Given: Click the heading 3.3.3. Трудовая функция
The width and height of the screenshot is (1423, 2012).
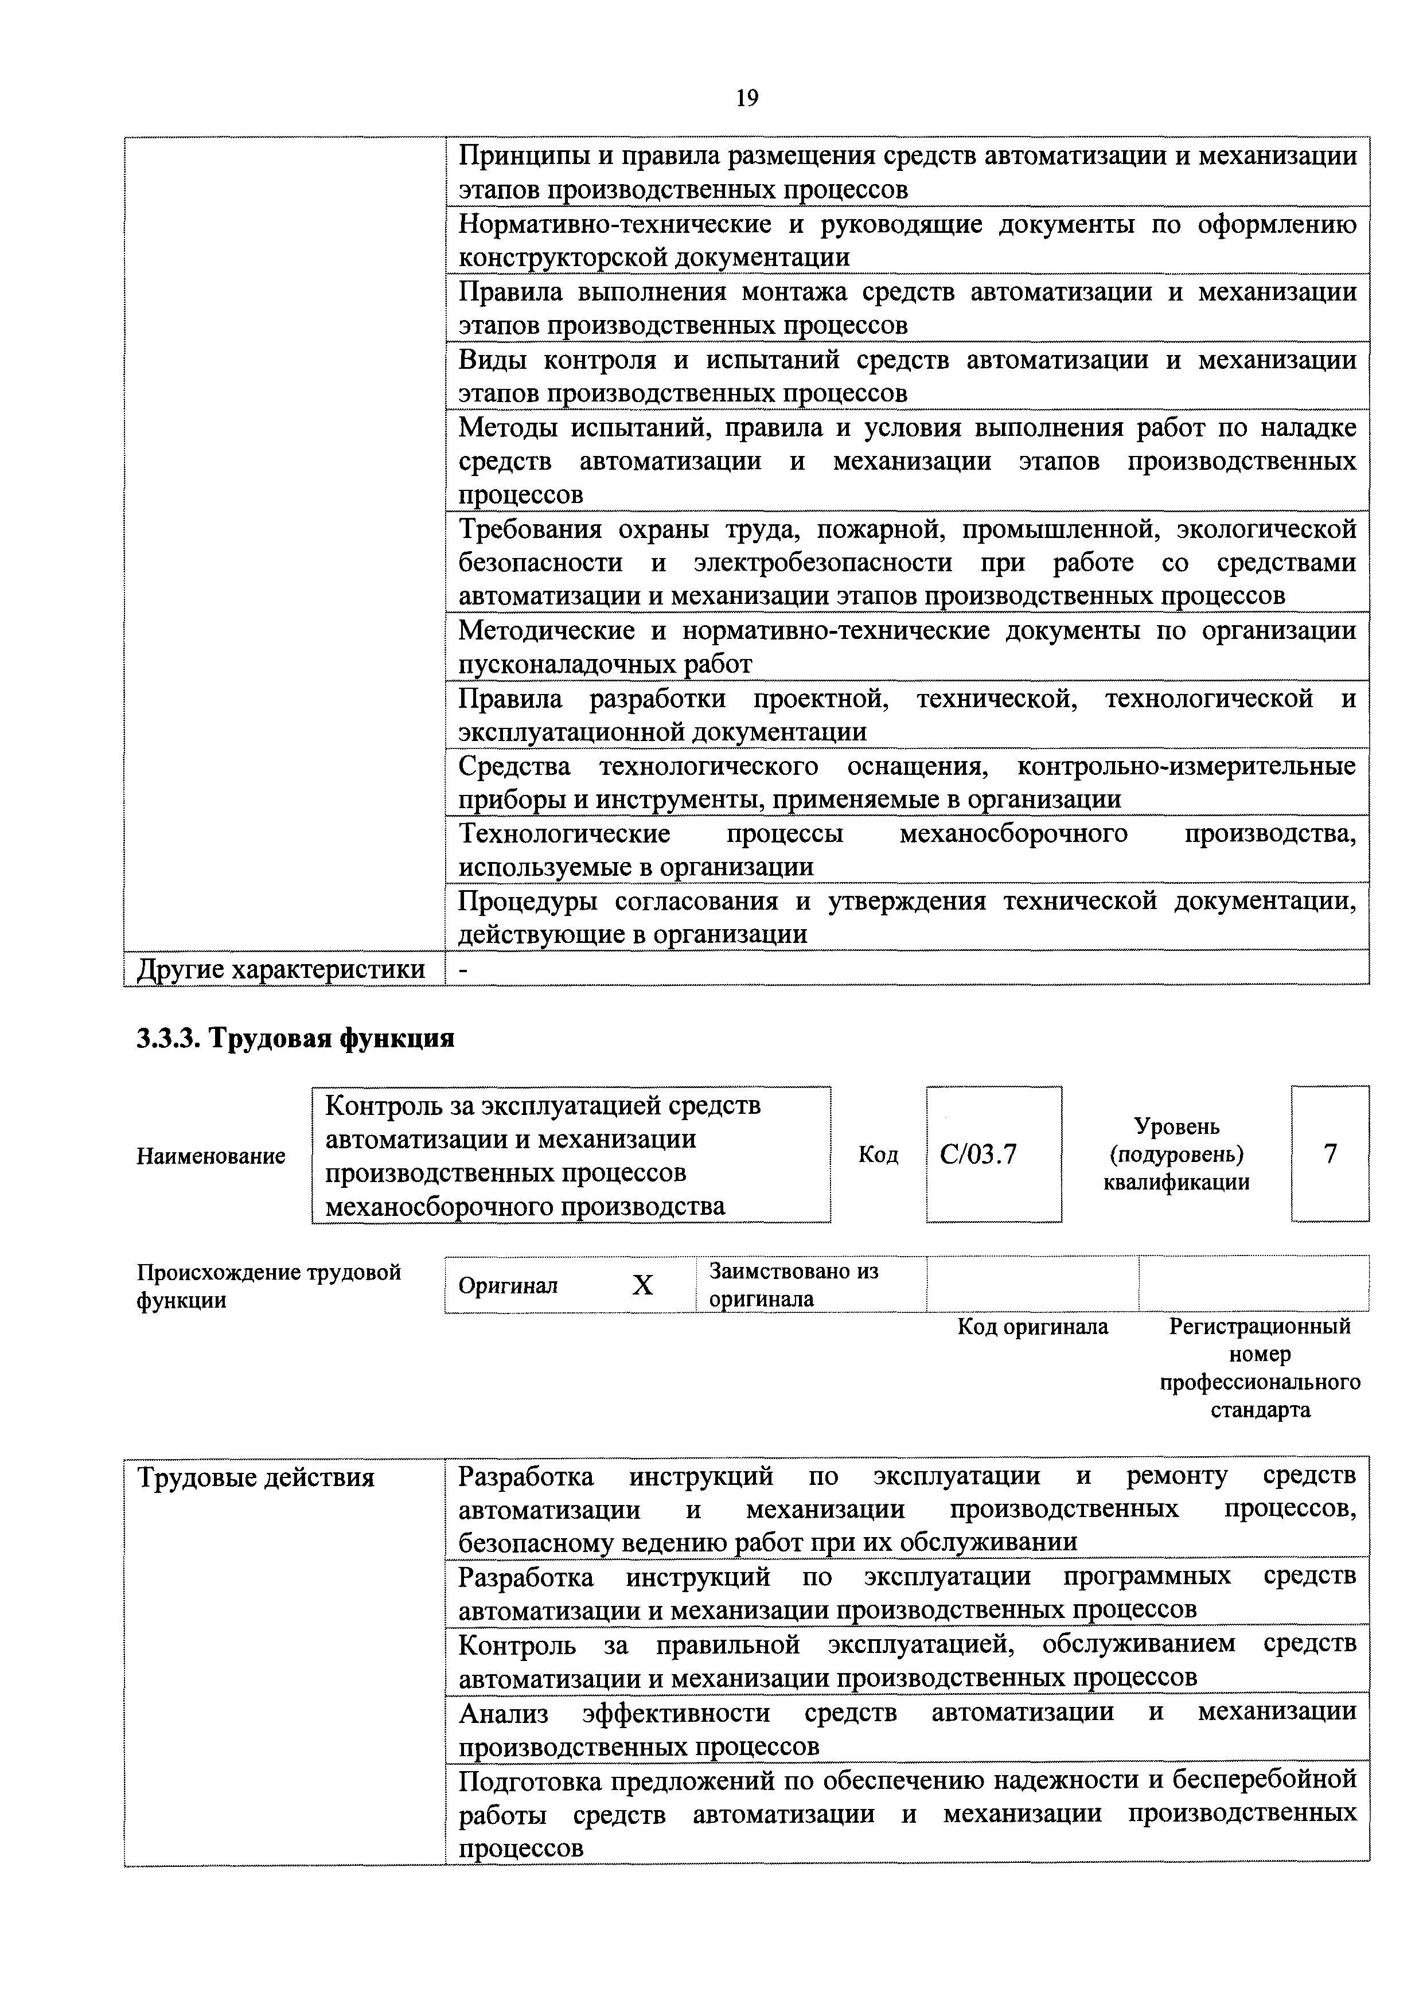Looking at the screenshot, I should click(295, 1039).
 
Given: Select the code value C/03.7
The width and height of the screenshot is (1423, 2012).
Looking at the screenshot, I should click(978, 1155).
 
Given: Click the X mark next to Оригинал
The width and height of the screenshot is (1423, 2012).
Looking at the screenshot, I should click(643, 1285).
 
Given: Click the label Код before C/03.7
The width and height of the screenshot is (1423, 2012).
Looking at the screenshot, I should click(878, 1155).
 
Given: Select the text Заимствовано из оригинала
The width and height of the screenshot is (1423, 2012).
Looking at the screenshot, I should click(793, 1285).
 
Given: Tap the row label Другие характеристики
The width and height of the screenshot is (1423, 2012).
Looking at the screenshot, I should click(281, 969).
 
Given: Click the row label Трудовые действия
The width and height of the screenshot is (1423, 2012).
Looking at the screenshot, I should click(256, 1479).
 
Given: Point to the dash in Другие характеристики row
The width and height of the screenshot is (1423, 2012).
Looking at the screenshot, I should click(463, 969).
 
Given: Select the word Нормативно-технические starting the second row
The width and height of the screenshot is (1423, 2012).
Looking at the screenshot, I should click(615, 224).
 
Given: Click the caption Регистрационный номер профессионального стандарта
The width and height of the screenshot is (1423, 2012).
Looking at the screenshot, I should click(1260, 1367).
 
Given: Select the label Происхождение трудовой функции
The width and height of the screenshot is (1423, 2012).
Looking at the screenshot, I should click(268, 1285).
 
